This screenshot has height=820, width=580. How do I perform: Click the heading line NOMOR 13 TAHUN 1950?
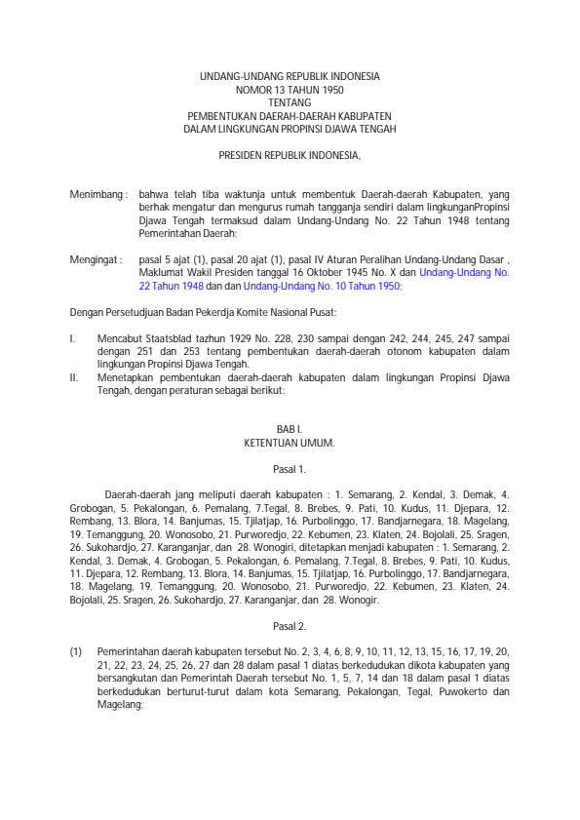[x=290, y=89]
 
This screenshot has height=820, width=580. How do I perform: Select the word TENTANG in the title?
[x=290, y=101]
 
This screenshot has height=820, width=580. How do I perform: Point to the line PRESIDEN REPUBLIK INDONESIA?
[x=290, y=155]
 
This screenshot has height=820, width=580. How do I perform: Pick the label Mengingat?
[x=95, y=260]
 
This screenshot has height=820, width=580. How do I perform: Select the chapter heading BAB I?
[x=290, y=430]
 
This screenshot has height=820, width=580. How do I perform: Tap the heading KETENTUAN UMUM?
[x=290, y=443]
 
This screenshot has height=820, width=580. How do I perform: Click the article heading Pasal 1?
[x=290, y=469]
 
